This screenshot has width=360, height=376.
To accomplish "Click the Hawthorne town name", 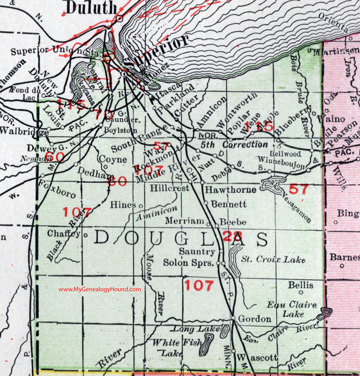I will click(230, 190).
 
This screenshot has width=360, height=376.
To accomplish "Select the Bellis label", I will click(301, 285).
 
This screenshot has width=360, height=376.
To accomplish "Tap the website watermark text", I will click(99, 289).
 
